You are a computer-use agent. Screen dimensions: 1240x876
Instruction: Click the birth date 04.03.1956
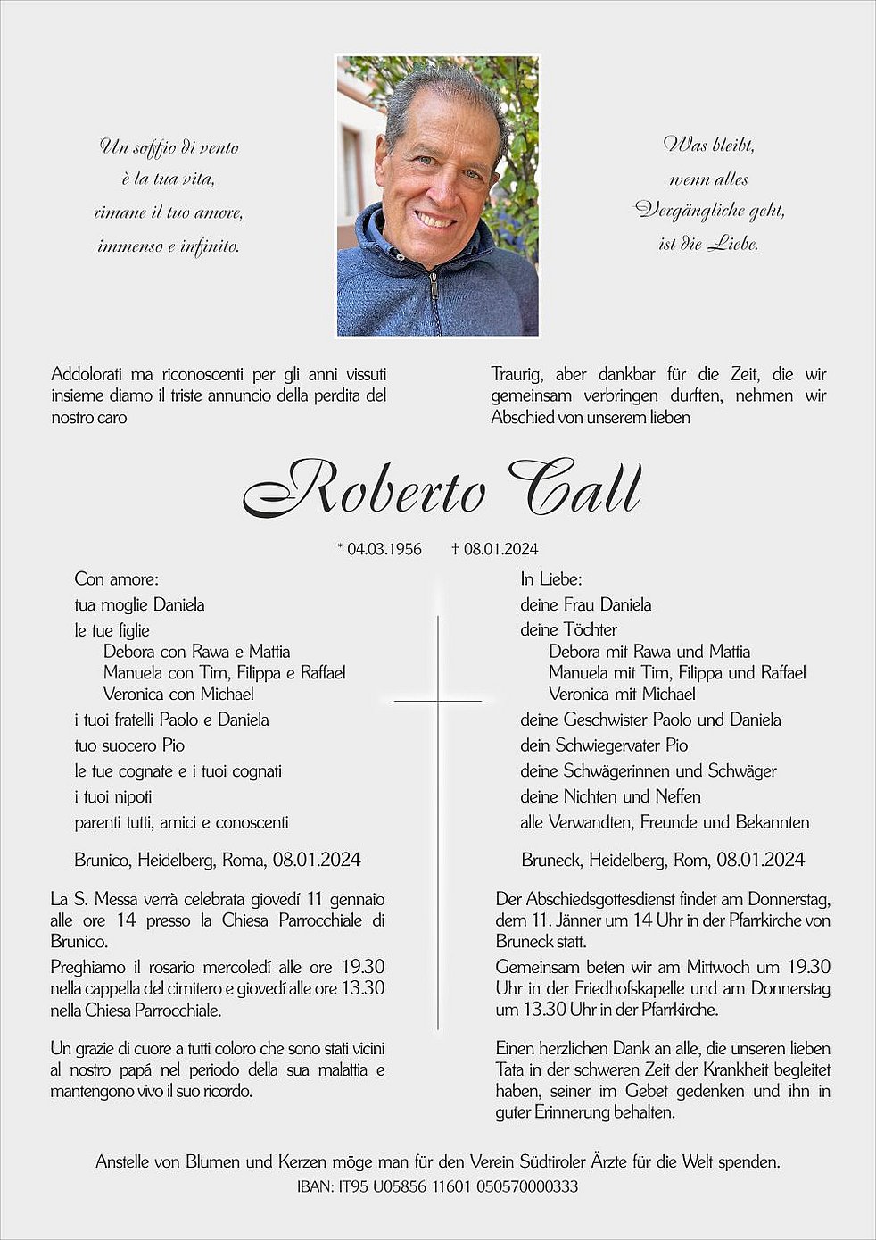click(x=384, y=549)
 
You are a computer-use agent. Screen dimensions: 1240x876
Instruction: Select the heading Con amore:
click(x=116, y=579)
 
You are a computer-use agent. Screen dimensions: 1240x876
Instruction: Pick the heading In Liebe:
click(x=551, y=579)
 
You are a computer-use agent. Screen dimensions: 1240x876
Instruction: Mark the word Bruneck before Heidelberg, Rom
click(x=551, y=860)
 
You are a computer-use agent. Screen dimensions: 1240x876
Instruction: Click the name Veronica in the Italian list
click(x=134, y=694)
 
